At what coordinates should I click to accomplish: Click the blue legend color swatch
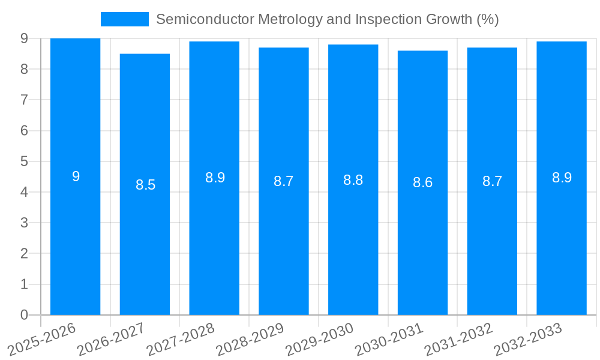[x=124, y=19]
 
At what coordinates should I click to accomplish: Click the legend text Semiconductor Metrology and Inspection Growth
[x=327, y=19]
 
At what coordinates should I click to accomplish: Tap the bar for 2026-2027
[x=145, y=240]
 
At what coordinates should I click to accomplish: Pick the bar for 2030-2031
[x=422, y=240]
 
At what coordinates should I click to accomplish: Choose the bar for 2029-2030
[x=353, y=240]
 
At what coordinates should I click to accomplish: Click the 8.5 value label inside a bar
[x=145, y=185]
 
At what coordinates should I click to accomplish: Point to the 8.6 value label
[x=422, y=183]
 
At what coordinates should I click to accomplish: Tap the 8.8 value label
[x=353, y=180]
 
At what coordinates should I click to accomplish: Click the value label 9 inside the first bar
[x=76, y=176]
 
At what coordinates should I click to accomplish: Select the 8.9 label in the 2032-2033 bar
[x=562, y=178]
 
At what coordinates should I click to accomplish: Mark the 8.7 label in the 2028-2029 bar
[x=283, y=181]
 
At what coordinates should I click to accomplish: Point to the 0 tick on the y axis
[x=24, y=315]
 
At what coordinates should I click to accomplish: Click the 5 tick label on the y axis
[x=24, y=161]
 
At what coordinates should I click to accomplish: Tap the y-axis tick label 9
[x=24, y=38]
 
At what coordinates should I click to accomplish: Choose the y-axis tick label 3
[x=24, y=223]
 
